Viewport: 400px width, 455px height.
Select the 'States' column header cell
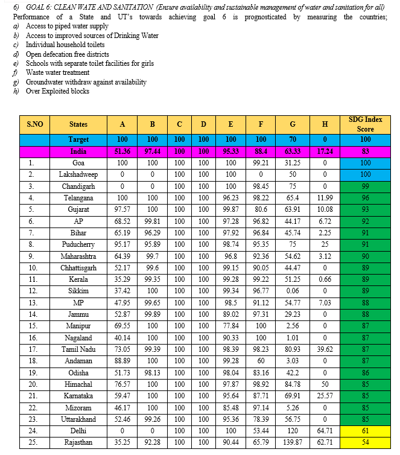78,124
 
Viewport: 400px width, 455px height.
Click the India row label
78,151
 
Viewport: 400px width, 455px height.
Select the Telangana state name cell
78,197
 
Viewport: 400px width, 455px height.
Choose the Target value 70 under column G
293,139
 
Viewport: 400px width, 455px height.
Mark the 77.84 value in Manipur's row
230,326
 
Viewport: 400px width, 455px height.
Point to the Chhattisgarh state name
78,268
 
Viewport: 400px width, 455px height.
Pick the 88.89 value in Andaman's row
122,361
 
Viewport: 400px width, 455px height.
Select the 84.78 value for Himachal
293,385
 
